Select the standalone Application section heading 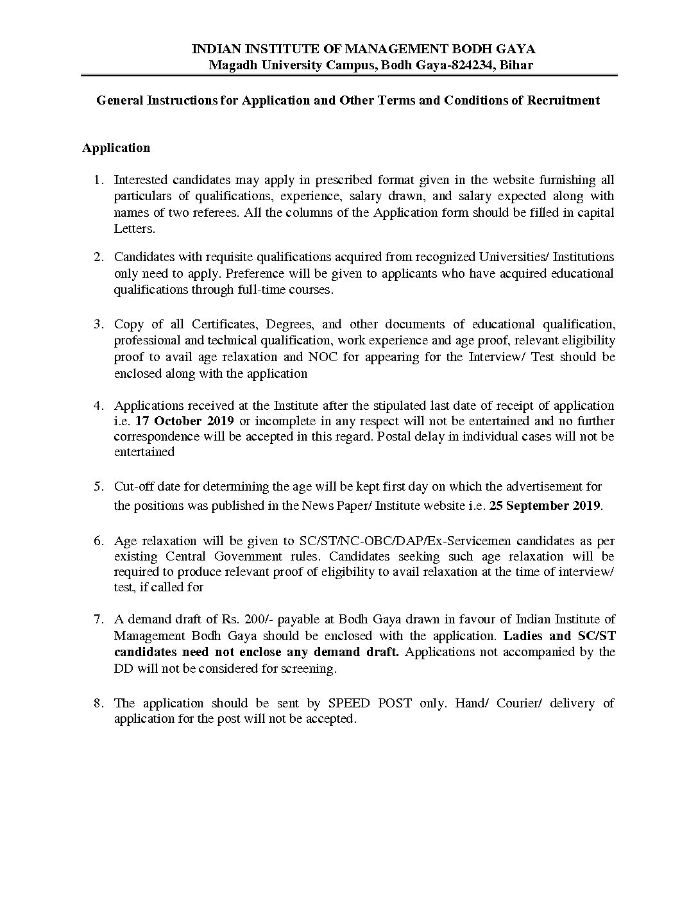116,148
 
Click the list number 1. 98,180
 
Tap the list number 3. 98,324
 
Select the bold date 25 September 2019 545,505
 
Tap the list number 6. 98,540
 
